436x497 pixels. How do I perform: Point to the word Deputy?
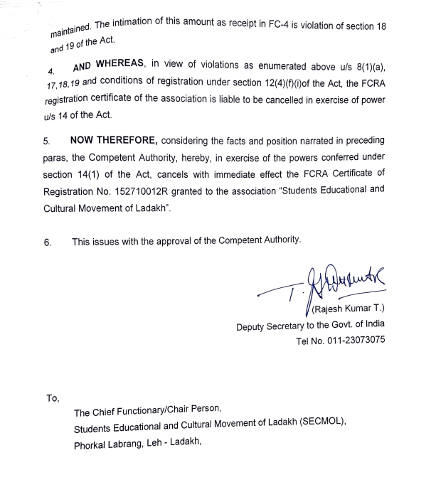coord(252,326)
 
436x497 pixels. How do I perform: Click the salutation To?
coord(53,397)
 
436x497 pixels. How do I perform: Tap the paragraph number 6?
coord(47,241)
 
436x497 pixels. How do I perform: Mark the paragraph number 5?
coord(46,141)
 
